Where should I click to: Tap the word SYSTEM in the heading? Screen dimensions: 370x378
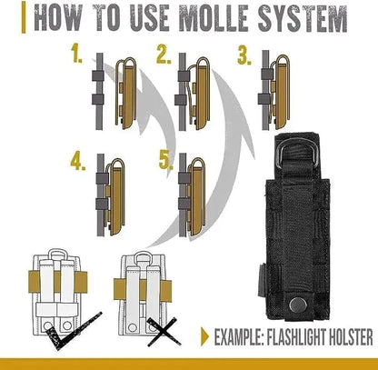tap(303, 17)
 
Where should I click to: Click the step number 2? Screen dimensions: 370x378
tap(164, 56)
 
